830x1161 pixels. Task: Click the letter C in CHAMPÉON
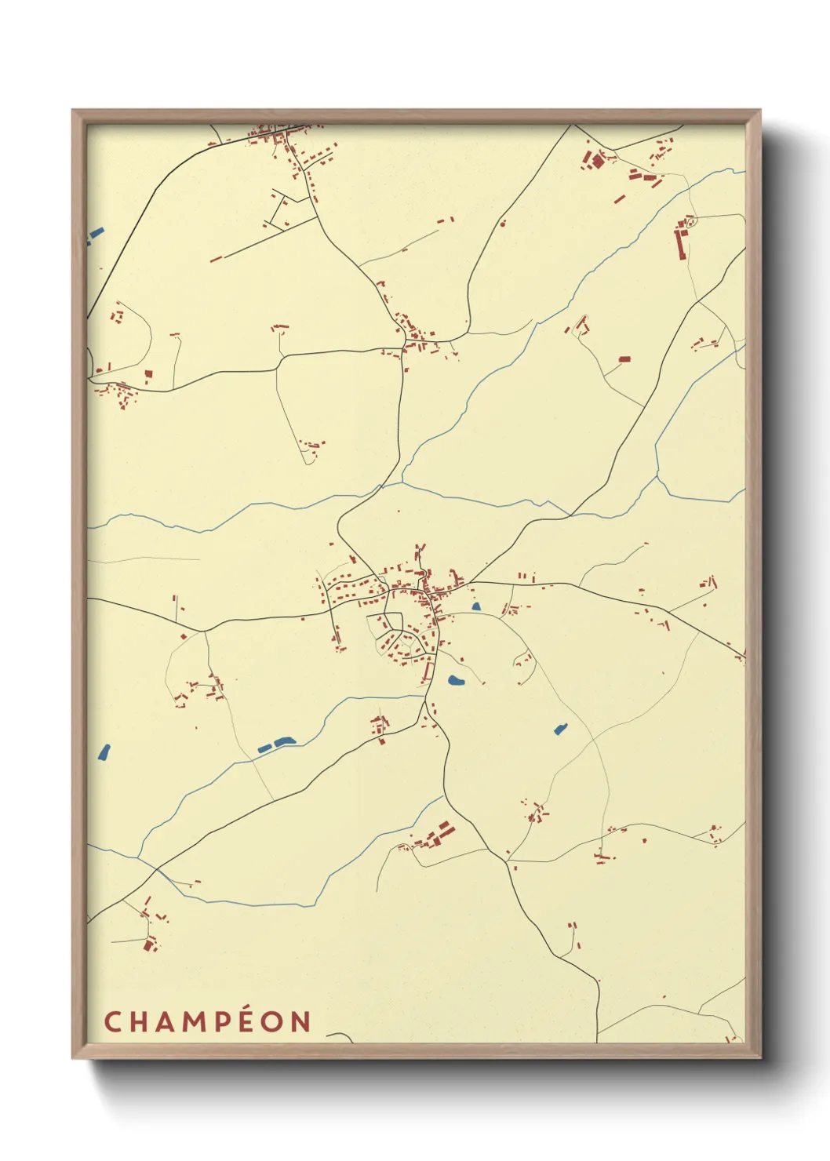pos(112,1022)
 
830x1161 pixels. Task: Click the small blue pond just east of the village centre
pos(475,606)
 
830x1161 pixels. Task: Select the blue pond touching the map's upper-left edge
pos(95,234)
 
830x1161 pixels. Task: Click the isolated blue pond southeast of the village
pos(560,730)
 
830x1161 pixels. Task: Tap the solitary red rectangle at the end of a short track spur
pos(624,359)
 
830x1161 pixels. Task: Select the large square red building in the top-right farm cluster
pos(598,162)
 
